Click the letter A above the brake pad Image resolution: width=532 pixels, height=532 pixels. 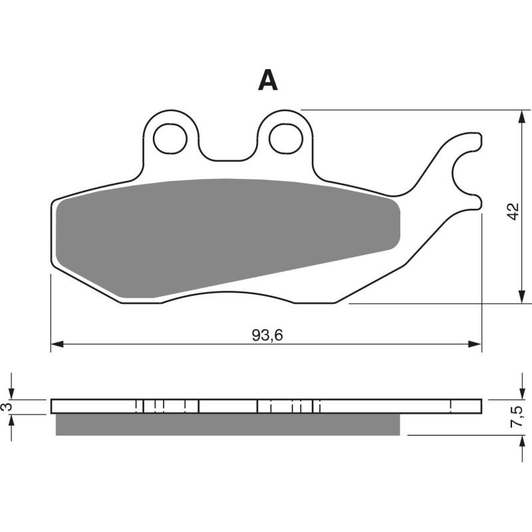pyautogui.click(x=268, y=80)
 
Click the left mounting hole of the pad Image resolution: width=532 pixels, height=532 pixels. pyautogui.click(x=170, y=138)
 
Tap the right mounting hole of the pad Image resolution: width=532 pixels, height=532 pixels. pyautogui.click(x=286, y=138)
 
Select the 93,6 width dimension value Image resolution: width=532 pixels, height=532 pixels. pyautogui.click(x=267, y=335)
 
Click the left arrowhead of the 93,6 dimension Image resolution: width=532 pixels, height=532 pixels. pyautogui.click(x=57, y=344)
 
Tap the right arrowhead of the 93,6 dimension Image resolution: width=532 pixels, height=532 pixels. pyautogui.click(x=475, y=344)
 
